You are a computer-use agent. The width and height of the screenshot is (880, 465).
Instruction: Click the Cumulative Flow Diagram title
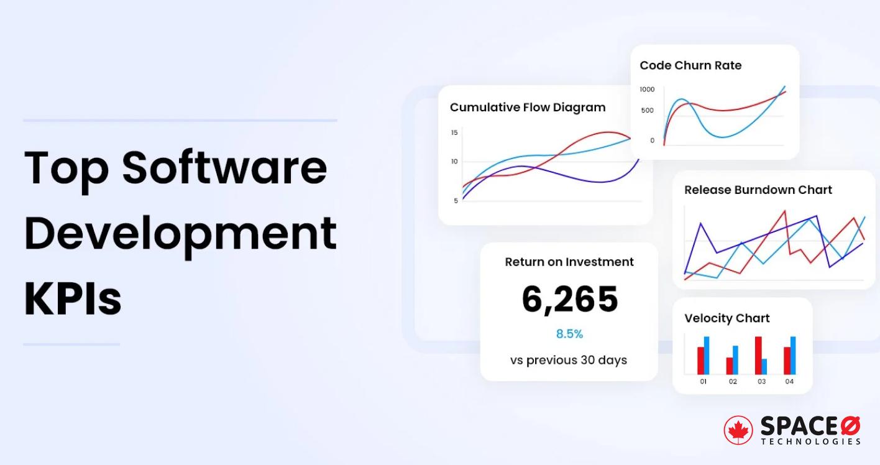(527, 108)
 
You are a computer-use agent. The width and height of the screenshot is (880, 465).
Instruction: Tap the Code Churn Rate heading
(690, 65)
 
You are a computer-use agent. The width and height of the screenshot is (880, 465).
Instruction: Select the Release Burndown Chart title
(758, 190)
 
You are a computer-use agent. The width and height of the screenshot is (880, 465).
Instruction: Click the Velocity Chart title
(726, 318)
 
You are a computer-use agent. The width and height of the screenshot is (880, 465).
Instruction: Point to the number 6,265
(569, 299)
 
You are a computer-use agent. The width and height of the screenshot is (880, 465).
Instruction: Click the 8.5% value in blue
(569, 334)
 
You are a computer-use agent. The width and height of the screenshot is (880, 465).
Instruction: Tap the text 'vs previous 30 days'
(569, 360)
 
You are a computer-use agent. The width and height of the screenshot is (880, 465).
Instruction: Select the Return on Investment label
(569, 262)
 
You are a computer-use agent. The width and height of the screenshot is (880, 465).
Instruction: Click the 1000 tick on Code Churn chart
(647, 90)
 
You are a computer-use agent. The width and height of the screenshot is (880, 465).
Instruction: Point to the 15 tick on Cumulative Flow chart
(454, 132)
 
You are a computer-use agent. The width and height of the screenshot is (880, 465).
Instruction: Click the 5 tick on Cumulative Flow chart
(456, 201)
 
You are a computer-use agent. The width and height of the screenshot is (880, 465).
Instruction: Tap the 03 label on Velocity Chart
(761, 382)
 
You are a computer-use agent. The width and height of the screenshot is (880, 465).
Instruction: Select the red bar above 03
(758, 356)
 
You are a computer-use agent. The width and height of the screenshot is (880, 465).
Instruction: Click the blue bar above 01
(707, 356)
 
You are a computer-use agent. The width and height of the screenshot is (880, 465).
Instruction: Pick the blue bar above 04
(792, 356)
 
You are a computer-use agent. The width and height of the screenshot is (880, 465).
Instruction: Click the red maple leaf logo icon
(738, 430)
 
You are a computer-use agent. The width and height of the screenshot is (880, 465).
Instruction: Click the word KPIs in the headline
(73, 298)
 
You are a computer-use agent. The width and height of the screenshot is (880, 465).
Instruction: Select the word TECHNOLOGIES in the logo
(810, 441)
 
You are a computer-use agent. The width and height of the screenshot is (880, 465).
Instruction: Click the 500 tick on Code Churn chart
(647, 111)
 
